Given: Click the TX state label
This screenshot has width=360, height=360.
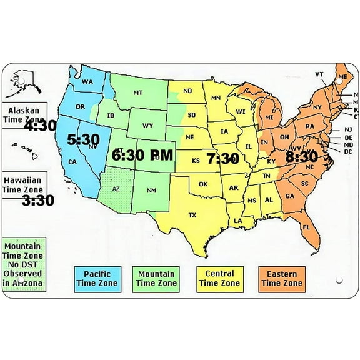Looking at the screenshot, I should coord(192,216).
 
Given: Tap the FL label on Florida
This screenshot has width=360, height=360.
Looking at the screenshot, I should coord(306,227).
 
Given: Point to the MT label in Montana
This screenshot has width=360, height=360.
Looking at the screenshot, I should coord(138,93).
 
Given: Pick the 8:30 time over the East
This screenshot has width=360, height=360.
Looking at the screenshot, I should coord(301,156).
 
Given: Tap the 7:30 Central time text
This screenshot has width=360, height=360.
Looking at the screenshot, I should coord(222,159).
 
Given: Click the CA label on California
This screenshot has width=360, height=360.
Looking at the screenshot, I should coord(72,162).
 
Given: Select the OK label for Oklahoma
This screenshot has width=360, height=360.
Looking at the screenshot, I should coord(203,184).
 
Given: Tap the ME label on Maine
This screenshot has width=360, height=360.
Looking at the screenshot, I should coord(341,76).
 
